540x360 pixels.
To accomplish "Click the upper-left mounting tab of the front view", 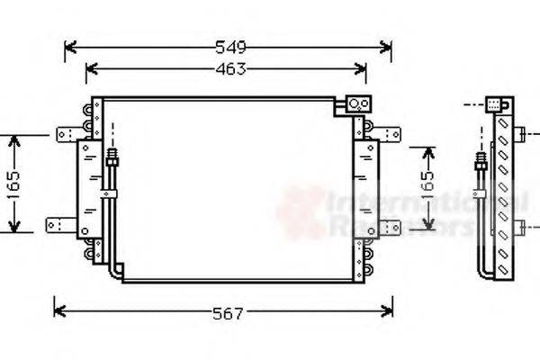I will [x=67, y=134].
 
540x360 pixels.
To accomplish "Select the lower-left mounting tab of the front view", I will [x=58, y=222].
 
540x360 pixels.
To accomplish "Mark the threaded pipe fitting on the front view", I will [x=112, y=159].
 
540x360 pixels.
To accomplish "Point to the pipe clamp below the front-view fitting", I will [x=111, y=193].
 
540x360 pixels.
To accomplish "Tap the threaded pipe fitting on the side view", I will [x=481, y=166].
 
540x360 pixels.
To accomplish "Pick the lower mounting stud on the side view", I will [x=521, y=224].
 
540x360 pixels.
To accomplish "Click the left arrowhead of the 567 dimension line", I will [x=59, y=311].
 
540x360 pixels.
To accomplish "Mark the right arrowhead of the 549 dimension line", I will [x=387, y=46].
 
